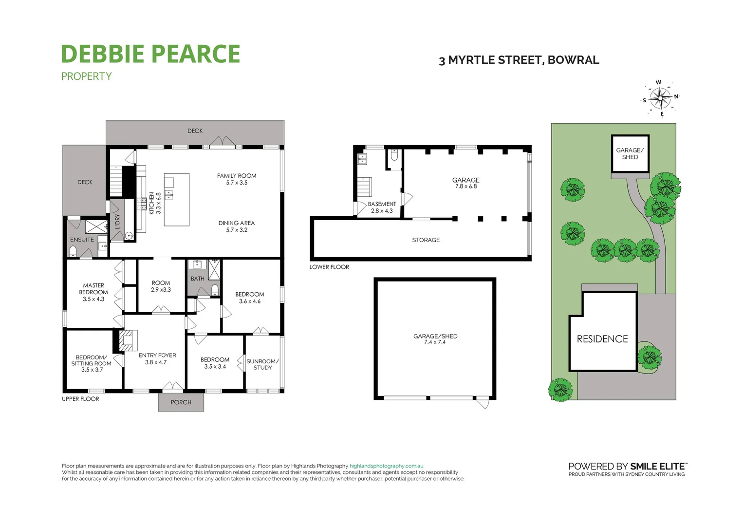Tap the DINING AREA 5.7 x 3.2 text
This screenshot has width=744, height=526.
(237, 226)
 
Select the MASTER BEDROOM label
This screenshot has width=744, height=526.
(93, 292)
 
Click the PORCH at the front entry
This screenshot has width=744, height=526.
(181, 402)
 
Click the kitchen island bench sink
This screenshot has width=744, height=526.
(168, 195)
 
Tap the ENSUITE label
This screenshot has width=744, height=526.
(82, 240)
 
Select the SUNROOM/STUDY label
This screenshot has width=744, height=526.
(262, 364)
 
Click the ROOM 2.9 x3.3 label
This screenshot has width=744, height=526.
(161, 286)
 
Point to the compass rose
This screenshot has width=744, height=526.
(660, 98)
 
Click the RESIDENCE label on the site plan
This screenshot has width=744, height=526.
(602, 339)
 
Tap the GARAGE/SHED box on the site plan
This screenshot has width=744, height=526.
(630, 154)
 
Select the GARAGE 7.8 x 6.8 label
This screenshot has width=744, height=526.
(466, 183)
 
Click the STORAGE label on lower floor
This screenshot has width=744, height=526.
(426, 240)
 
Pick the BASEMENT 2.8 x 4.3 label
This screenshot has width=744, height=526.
(382, 207)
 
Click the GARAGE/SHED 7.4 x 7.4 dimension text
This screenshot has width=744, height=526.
(435, 342)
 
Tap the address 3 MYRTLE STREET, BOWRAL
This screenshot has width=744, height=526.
(519, 60)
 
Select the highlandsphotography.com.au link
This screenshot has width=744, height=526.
(386, 466)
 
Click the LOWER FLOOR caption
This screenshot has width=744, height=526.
(329, 267)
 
